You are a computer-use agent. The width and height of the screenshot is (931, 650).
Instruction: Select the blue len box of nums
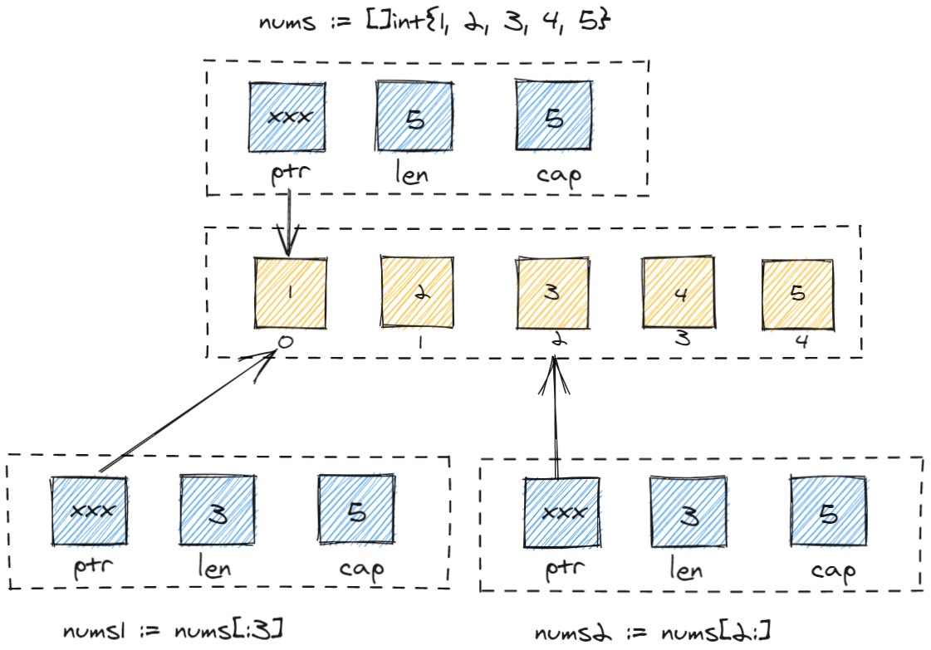pos(415,117)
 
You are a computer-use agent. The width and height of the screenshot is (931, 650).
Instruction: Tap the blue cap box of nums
pos(552,116)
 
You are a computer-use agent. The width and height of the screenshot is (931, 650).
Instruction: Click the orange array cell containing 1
pos(288,292)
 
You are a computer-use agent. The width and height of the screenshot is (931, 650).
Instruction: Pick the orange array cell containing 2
pos(417,292)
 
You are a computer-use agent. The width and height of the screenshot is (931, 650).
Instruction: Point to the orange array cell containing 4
pos(679,292)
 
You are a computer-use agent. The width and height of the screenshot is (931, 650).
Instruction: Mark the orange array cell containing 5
pos(798,292)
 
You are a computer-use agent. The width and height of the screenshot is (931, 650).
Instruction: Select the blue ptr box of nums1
pos(89,510)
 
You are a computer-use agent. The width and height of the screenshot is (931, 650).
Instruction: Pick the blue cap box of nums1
pos(355,510)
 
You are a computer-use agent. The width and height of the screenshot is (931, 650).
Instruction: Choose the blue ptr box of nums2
pos(561,511)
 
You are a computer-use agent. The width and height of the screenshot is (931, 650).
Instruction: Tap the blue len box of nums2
pos(688,512)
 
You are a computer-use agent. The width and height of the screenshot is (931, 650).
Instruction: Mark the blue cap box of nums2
pos(827,512)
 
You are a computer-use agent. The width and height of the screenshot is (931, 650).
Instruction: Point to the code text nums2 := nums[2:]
pos(651,632)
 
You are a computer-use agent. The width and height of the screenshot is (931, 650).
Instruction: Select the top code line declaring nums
pos(435,22)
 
